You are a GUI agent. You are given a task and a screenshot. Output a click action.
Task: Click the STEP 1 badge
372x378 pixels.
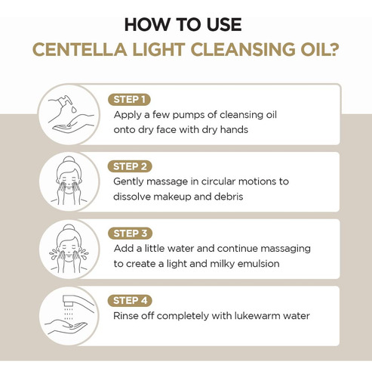[129, 100]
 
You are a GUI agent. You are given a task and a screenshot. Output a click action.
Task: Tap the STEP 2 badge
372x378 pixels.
[130, 166]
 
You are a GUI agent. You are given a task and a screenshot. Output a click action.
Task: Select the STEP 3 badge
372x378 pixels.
[130, 234]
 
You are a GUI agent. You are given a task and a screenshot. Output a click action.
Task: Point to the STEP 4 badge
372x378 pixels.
[130, 301]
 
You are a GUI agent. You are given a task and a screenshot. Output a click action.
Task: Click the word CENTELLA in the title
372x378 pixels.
[79, 50]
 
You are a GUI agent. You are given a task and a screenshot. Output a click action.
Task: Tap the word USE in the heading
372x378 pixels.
[224, 25]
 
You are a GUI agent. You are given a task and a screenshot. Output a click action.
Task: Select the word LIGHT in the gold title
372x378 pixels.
[158, 50]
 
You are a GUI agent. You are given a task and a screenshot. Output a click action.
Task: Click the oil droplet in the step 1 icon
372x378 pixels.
[74, 110]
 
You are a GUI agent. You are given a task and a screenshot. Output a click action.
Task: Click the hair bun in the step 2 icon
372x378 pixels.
[69, 160]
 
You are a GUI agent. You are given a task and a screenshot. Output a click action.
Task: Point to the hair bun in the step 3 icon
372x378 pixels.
[69, 228]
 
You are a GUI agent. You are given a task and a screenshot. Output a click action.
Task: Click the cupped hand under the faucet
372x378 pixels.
[65, 327]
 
